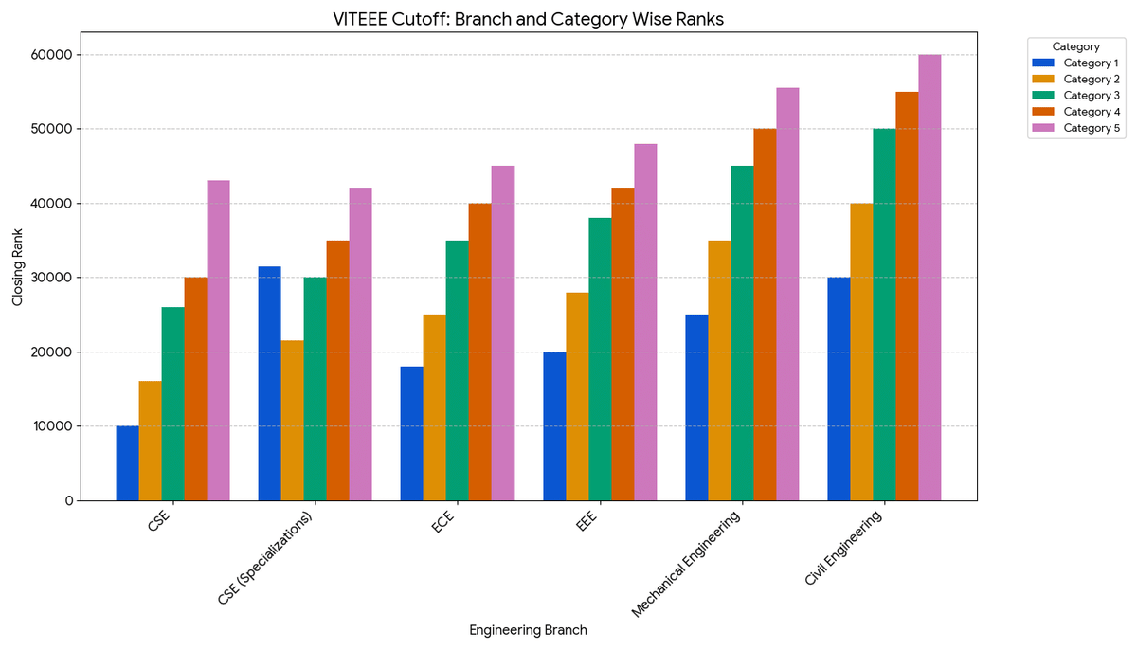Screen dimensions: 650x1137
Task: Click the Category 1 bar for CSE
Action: coord(128,463)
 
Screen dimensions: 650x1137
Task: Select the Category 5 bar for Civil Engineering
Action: coord(929,278)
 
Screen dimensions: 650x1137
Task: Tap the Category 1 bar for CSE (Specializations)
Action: coord(270,384)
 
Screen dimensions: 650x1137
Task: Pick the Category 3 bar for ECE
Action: coord(458,370)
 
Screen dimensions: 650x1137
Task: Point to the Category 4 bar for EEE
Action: coord(623,344)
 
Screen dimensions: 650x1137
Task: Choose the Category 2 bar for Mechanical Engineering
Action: coord(719,370)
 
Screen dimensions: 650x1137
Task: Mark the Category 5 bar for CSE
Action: coord(219,340)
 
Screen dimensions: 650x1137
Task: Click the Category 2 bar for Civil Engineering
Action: coord(861,352)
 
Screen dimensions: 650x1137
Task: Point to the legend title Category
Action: coord(1075,45)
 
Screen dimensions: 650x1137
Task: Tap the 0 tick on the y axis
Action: coord(69,501)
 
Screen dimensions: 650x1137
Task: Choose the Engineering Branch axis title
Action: coord(528,630)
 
